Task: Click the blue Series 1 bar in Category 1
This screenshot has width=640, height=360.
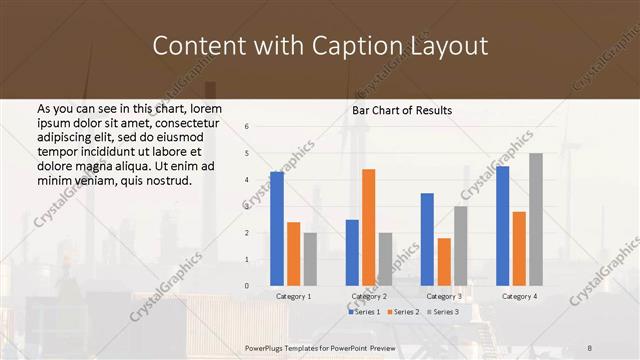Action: [277, 229]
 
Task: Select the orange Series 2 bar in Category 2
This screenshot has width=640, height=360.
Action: [368, 227]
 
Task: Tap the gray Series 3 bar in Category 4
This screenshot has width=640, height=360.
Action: [536, 219]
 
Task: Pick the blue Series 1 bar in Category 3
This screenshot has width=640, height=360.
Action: [427, 239]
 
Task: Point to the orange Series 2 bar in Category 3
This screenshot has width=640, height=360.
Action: [443, 262]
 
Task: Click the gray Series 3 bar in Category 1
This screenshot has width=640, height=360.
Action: [310, 259]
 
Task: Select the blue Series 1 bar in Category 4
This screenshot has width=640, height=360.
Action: [502, 226]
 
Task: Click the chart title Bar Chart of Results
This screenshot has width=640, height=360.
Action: [402, 110]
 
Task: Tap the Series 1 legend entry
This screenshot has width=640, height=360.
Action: [363, 313]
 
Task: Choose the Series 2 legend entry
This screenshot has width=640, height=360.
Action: [402, 313]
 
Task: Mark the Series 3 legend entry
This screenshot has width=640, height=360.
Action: [442, 313]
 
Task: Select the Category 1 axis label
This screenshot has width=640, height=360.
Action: [293, 297]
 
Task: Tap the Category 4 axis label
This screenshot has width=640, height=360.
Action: [518, 297]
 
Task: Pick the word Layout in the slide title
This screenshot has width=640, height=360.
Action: [448, 46]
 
